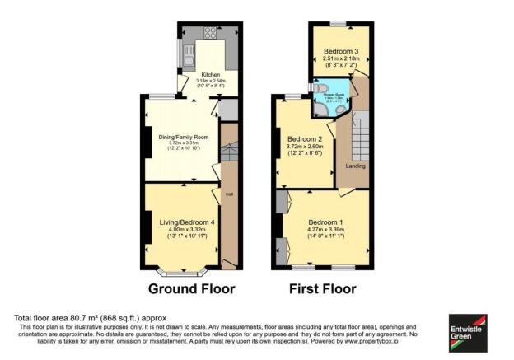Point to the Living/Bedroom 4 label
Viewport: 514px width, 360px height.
pos(184,221)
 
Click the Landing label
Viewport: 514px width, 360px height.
pos(354,166)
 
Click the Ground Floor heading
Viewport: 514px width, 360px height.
pos(191,289)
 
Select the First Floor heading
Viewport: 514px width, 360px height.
pos(323,289)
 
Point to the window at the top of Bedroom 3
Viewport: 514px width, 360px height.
pos(338,23)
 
